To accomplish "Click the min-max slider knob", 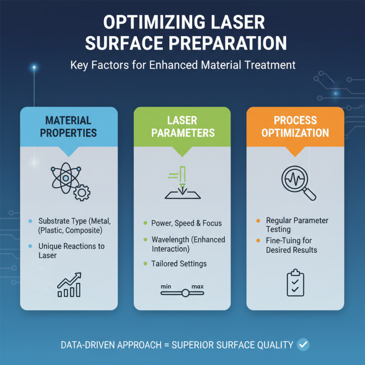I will (x=185, y=293).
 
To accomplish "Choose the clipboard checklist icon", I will (x=295, y=282).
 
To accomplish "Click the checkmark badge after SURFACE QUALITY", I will (x=302, y=344).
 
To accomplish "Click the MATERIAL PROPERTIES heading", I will (x=68, y=126).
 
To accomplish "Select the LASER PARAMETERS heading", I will (x=182, y=126).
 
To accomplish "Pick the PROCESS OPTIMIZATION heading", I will (x=295, y=126).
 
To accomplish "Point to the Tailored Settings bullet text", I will (x=179, y=263).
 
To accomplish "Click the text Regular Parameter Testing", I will (x=297, y=225).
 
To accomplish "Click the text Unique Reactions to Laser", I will (x=72, y=250).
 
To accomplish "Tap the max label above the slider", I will (x=198, y=287).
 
